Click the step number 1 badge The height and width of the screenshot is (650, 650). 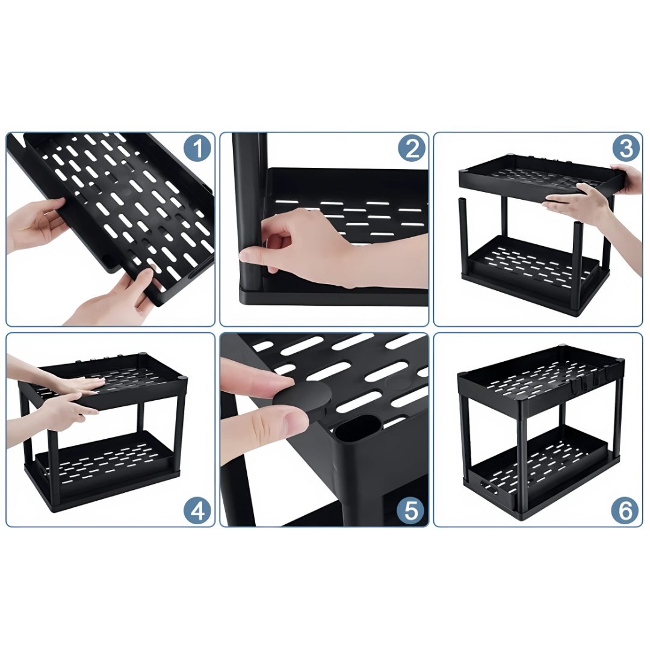tap(197, 148)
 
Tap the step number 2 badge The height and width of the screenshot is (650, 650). tap(412, 148)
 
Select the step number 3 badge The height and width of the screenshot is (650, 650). tap(625, 148)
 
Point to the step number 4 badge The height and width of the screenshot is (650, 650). tap(197, 510)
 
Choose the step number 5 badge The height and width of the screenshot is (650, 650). tap(411, 510)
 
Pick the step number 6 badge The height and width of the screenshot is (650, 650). tap(625, 510)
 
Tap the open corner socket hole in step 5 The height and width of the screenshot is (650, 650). tap(352, 432)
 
